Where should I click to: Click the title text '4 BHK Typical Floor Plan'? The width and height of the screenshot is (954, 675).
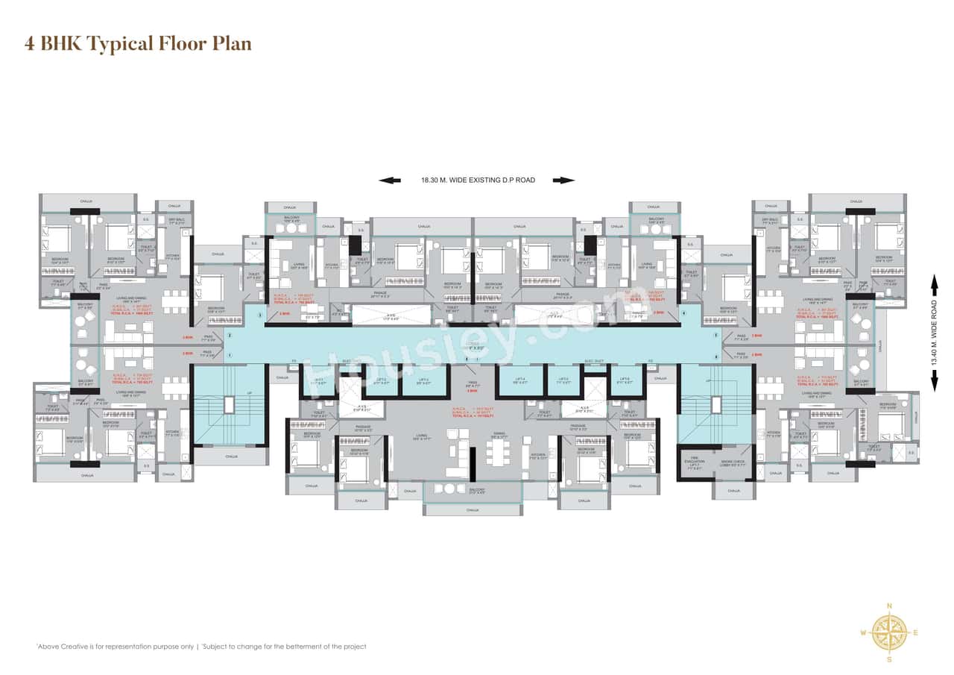tap(138, 44)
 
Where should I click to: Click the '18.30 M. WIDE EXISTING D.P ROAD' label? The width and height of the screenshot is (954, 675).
tap(477, 180)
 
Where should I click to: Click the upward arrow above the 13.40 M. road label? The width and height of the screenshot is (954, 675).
tap(935, 285)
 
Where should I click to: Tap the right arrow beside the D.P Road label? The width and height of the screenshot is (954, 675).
tap(563, 180)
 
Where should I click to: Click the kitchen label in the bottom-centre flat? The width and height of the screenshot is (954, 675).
tap(538, 455)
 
